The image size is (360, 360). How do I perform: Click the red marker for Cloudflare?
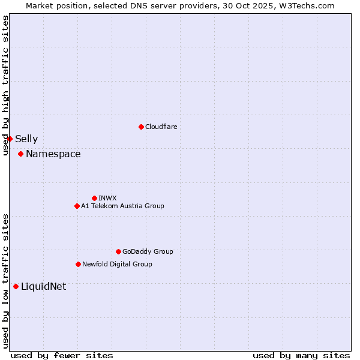[141, 127]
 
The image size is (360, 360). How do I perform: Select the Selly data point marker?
[10, 139]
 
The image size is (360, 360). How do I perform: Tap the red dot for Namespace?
[20, 154]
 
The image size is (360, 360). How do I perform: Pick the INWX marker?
[94, 198]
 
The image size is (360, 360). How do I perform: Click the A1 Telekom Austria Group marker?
[77, 206]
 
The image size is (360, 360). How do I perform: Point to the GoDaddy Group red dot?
[118, 251]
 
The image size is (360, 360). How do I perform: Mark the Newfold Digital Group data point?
[78, 264]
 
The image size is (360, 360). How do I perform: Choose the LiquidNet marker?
[16, 286]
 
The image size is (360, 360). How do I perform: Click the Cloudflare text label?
[161, 127]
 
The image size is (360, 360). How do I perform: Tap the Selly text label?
[26, 139]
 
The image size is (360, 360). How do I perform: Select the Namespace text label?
[53, 154]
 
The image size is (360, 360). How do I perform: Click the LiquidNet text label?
[43, 287]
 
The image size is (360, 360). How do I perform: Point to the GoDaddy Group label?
[147, 251]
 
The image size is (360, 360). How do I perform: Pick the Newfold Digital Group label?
[117, 264]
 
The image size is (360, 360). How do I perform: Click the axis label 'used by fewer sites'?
[61, 356]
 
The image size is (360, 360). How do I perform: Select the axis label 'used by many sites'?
[301, 356]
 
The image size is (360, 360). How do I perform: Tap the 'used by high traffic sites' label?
[5, 85]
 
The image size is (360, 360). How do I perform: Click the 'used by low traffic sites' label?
[5, 281]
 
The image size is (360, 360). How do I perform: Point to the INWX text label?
[107, 198]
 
